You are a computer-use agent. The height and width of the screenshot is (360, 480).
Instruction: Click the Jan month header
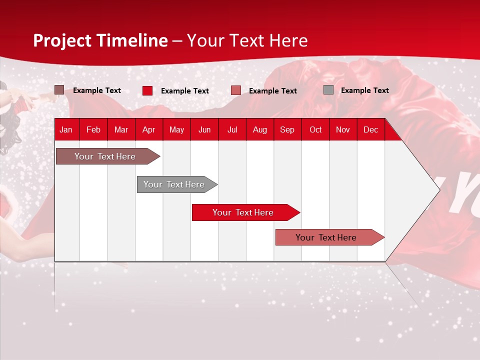point(66,129)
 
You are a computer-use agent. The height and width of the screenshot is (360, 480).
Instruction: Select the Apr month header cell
point(148,129)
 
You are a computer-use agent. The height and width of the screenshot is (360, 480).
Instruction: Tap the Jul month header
point(232,129)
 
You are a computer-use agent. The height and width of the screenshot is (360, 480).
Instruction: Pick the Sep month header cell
point(287,129)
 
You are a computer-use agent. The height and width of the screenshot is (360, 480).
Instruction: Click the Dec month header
point(370,129)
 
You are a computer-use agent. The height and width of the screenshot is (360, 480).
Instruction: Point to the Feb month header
point(93,129)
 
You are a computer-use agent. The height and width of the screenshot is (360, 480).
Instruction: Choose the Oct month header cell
point(315,129)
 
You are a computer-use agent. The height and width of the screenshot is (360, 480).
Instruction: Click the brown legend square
point(59,90)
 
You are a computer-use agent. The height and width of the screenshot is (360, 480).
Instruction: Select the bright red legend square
point(147,90)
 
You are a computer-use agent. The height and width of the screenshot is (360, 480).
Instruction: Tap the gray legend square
point(328,90)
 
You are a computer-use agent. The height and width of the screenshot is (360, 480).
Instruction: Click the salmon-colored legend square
point(236,90)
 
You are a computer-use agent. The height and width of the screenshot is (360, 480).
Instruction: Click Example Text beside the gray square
point(364,90)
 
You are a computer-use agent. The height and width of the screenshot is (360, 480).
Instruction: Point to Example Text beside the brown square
point(97,90)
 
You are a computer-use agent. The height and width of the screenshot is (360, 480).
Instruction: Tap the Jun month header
point(204,129)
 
